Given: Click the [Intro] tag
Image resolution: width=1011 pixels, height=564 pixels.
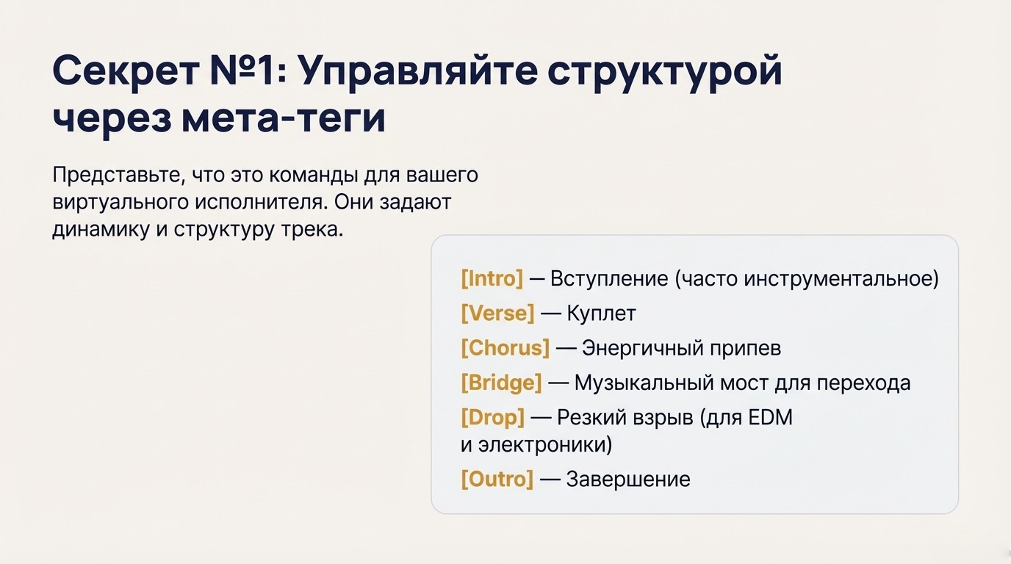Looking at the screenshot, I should (x=492, y=279).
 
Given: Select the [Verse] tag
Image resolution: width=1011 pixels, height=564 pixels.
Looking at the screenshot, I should (x=497, y=314).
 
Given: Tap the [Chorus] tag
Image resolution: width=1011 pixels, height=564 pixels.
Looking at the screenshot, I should (x=505, y=348).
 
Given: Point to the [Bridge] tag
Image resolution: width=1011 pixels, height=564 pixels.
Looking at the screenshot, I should (x=501, y=383).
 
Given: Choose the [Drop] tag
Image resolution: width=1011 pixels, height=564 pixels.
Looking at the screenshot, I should (x=492, y=417).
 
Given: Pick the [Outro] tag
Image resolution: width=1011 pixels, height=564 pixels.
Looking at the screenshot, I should (x=497, y=480).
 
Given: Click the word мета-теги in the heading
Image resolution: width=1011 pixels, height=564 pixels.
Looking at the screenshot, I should (x=283, y=119).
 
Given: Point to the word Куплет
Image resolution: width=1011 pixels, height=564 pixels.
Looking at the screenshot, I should (x=601, y=314).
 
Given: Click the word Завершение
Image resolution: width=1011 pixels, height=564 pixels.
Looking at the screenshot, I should (x=628, y=480).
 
